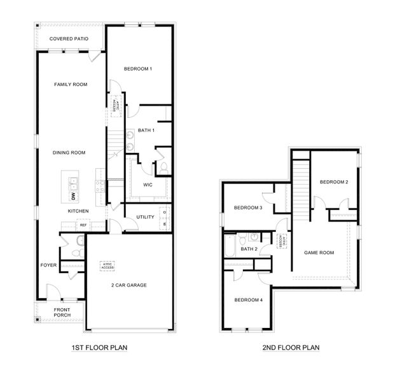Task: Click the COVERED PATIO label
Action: (69, 39)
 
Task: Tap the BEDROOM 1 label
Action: (138, 68)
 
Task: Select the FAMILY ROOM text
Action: (71, 84)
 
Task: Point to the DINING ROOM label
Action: (69, 152)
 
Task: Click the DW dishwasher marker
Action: (73, 195)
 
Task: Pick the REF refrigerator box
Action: (83, 225)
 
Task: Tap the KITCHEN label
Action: (78, 211)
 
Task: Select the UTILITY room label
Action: (146, 217)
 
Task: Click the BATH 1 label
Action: (146, 131)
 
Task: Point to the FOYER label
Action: (49, 264)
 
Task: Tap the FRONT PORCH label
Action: (62, 312)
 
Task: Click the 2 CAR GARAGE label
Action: (128, 285)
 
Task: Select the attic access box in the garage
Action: (107, 266)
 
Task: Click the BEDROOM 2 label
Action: (334, 182)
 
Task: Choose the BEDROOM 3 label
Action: (247, 208)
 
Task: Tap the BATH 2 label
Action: (249, 248)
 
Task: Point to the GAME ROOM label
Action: (318, 253)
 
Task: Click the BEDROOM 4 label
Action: (247, 300)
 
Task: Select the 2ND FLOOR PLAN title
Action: (291, 348)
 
